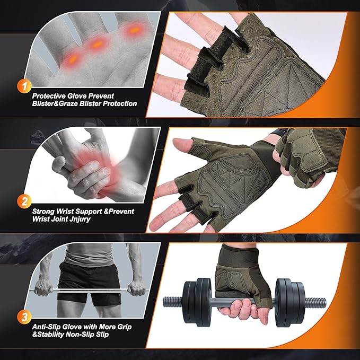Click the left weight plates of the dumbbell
coord(196,300)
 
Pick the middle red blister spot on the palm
coord(96,45)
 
